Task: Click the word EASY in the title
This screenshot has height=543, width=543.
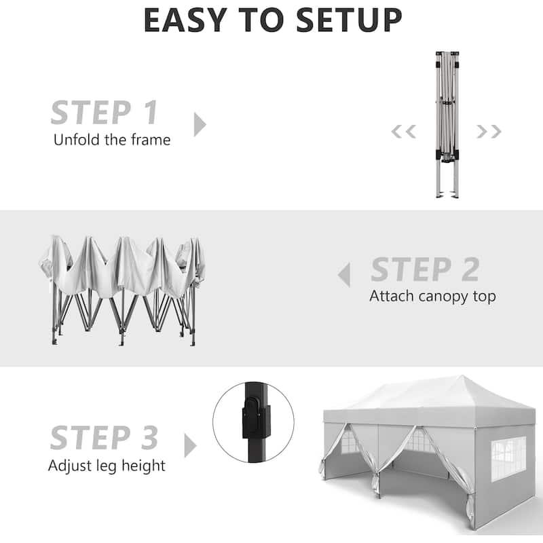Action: coord(185,20)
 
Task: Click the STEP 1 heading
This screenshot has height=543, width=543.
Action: coord(105,112)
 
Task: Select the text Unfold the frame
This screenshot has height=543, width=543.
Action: coord(112,140)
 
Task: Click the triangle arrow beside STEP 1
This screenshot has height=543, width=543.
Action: coord(200,124)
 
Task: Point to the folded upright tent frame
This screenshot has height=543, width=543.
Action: coord(447,125)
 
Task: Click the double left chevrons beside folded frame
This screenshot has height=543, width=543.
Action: coord(403,132)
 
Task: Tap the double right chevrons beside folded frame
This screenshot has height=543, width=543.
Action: coord(489,132)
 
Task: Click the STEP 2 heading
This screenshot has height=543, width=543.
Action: coord(425,269)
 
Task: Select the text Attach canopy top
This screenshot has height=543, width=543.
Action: coord(432,297)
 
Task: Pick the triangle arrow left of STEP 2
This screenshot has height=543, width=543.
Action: coord(344,275)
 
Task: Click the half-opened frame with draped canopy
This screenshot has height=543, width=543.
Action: coord(123,291)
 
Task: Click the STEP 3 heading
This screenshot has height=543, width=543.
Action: coord(104,438)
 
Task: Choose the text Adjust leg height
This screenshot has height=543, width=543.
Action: coord(107,466)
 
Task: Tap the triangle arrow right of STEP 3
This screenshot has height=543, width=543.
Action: coord(190,445)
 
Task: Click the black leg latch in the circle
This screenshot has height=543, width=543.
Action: coord(256,418)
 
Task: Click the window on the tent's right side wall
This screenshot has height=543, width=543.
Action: coord(508,459)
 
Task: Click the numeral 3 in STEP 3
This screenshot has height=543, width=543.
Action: coord(149,438)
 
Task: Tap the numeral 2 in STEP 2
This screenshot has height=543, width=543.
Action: coord(470,269)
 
